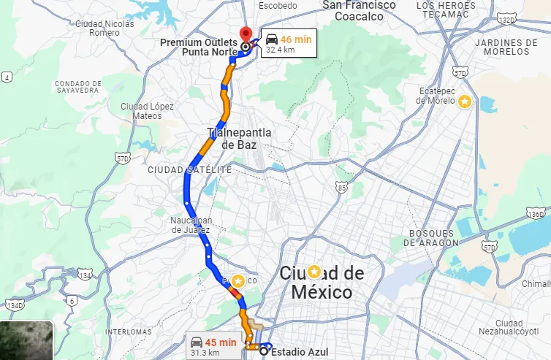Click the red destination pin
point(246,34)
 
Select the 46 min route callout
point(290,43)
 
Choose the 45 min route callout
point(213,345)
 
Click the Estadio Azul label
point(300,351)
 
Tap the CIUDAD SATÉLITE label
point(189,169)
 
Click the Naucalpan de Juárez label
point(191,225)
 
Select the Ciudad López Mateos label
point(147,111)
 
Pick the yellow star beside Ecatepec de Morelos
point(463,102)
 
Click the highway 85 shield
point(342,188)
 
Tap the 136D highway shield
point(536,214)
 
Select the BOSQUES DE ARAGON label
point(433,237)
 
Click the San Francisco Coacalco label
point(359,10)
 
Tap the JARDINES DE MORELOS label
point(501,47)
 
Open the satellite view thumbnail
point(26,340)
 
